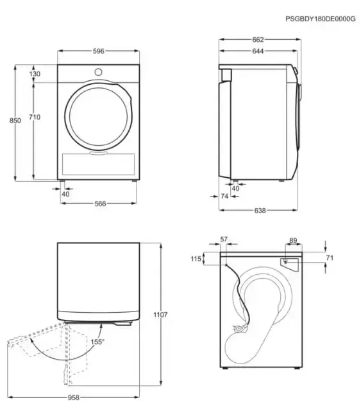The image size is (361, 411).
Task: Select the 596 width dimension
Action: pos(99,51)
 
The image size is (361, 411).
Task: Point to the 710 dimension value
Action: pos(35,117)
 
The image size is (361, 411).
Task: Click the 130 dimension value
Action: pos(35,74)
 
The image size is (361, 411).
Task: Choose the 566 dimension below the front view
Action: pos(99,204)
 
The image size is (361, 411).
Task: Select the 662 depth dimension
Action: pos(260,40)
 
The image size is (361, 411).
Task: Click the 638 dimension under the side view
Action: pos(260,210)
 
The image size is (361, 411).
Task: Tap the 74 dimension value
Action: pos(224,197)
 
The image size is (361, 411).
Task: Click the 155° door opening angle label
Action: pos(97,342)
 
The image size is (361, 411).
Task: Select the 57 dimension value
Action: pos(224,240)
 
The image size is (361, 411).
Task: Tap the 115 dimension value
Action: pos(196,259)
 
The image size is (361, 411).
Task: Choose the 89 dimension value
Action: pos(293,240)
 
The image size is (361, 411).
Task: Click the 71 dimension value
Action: pos(330,258)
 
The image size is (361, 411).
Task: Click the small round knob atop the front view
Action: pos(99,71)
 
